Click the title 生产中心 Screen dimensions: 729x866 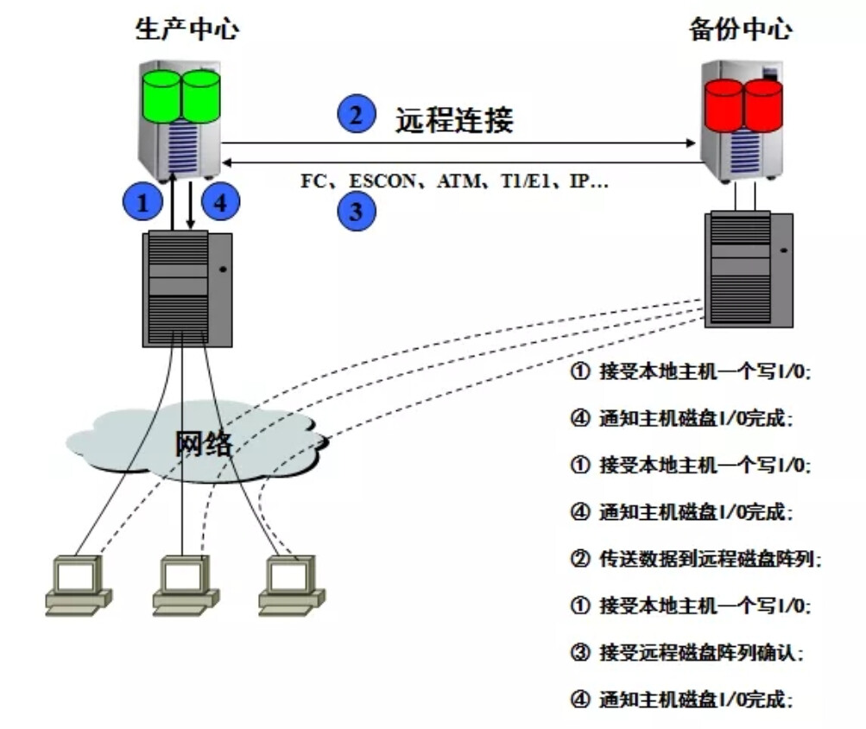(x=186, y=29)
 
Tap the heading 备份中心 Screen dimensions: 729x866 (x=740, y=29)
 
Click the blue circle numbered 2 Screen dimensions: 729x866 (x=357, y=116)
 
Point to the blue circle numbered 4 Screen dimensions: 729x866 (x=220, y=203)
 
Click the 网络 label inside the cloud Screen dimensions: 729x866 (x=204, y=442)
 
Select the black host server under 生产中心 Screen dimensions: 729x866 (x=188, y=288)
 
